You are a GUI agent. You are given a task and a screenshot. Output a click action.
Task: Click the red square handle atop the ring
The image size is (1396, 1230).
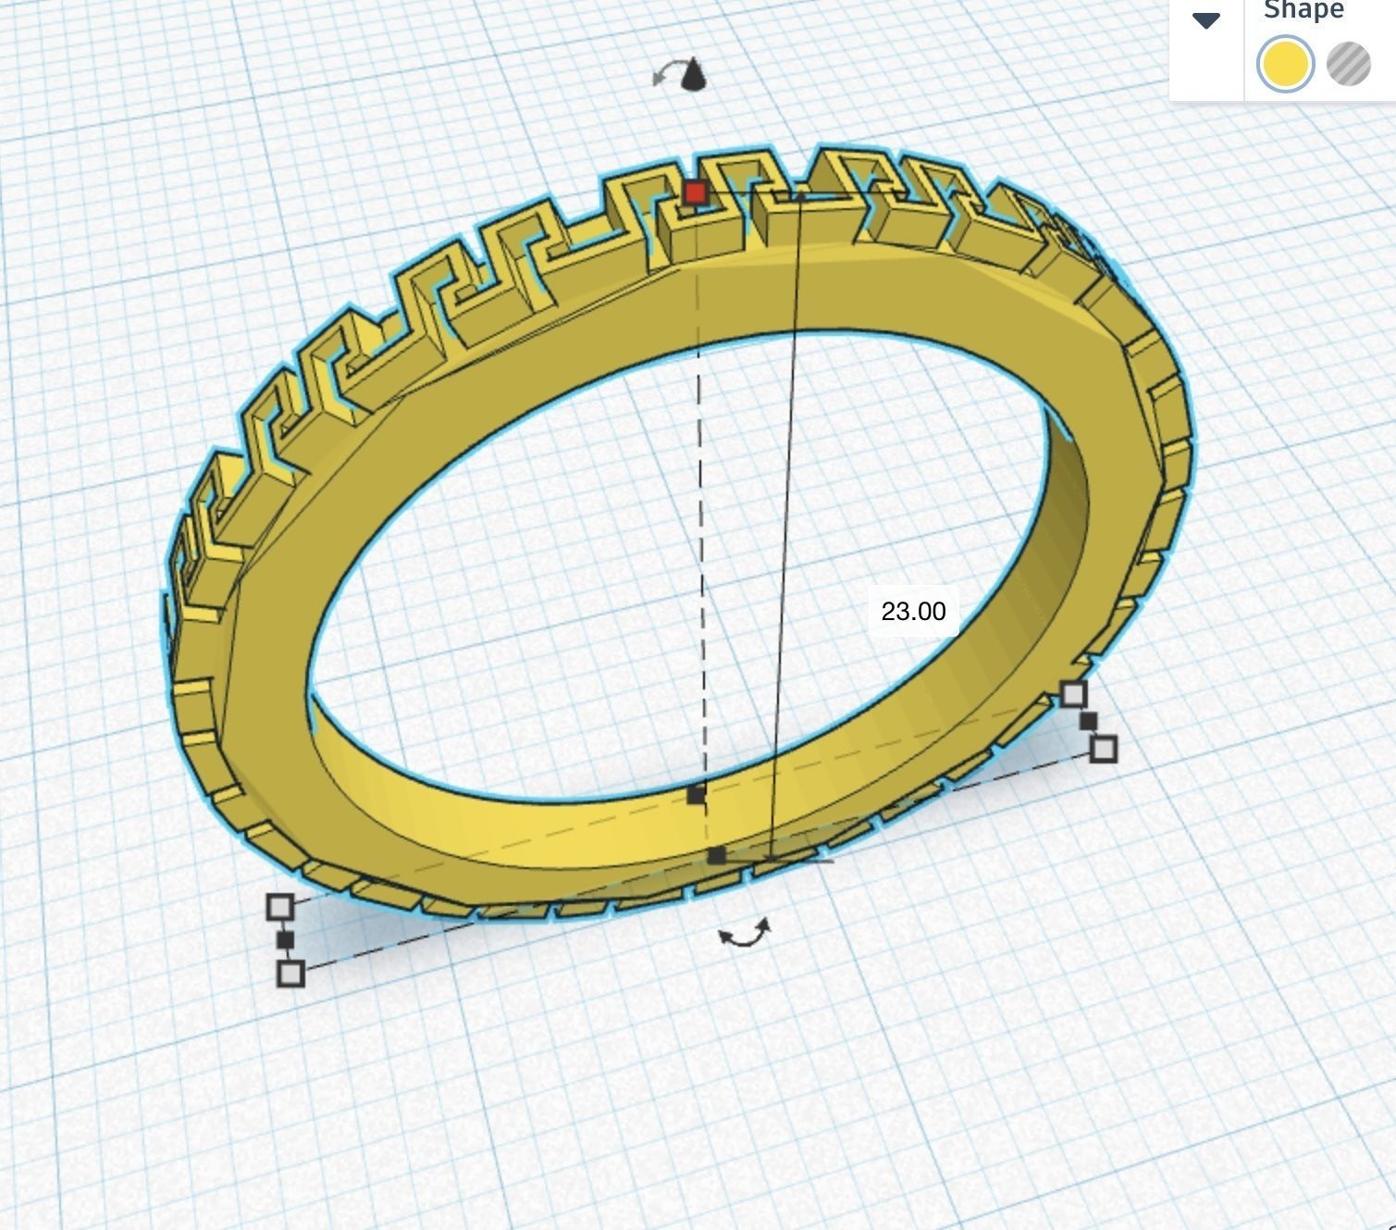pyautogui.click(x=696, y=193)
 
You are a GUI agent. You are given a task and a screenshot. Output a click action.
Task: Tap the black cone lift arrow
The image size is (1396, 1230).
pyautogui.click(x=694, y=75)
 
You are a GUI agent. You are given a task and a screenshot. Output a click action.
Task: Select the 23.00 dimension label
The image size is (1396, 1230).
pyautogui.click(x=913, y=612)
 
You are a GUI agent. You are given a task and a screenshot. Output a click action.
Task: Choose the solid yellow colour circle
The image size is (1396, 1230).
pyautogui.click(x=1284, y=64)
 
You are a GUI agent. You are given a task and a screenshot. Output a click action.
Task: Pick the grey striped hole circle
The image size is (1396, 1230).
pyautogui.click(x=1348, y=64)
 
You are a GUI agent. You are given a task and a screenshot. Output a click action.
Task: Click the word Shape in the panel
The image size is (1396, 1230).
pyautogui.click(x=1303, y=11)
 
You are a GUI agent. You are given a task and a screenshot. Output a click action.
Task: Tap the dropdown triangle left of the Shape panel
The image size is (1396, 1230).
pyautogui.click(x=1206, y=20)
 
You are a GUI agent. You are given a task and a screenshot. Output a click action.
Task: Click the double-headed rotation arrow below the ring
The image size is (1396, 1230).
pyautogui.click(x=746, y=934)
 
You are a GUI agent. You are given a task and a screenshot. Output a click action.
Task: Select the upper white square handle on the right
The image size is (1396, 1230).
pyautogui.click(x=1073, y=694)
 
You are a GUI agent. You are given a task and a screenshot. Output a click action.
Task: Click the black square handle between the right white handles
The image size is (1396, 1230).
pyautogui.click(x=1088, y=721)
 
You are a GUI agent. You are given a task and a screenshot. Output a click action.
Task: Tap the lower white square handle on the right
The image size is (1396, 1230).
pyautogui.click(x=1103, y=749)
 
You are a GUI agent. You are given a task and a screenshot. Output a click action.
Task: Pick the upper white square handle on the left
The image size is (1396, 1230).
pyautogui.click(x=279, y=907)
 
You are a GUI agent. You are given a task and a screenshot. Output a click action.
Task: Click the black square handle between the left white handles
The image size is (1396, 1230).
pyautogui.click(x=285, y=940)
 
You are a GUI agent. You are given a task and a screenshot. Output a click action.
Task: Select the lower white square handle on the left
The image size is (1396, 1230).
pyautogui.click(x=290, y=974)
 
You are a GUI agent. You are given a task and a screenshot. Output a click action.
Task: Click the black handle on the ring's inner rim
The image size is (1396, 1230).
pyautogui.click(x=696, y=794)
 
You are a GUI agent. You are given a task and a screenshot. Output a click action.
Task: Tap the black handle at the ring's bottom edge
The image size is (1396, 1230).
pyautogui.click(x=716, y=856)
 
